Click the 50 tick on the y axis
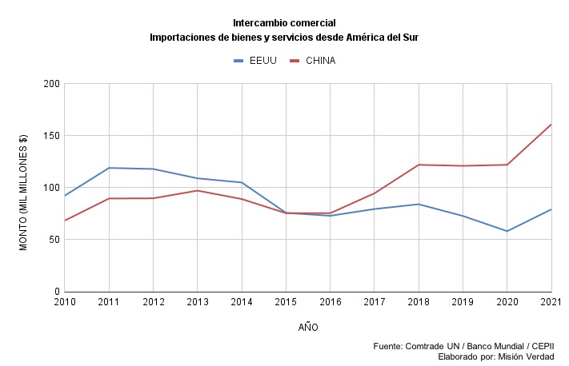54,240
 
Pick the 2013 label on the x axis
198,302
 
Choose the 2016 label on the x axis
330,302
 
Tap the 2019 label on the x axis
463,302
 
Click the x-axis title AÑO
308,328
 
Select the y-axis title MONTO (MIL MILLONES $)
23,192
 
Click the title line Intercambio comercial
284,22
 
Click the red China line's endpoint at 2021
551,125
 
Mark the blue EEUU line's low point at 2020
507,231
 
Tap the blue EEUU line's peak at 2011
109,168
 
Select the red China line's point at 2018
419,165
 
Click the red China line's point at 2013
198,190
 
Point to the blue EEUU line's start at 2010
65,196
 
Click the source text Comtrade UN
440,346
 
